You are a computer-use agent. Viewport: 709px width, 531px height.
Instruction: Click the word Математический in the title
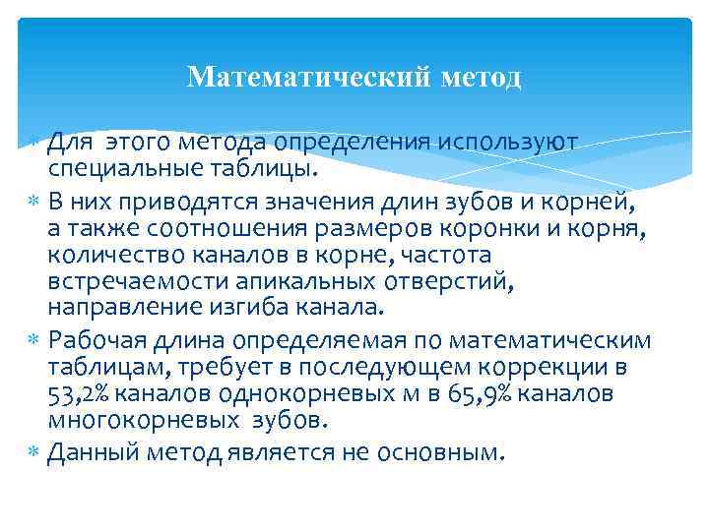click(x=304, y=77)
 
